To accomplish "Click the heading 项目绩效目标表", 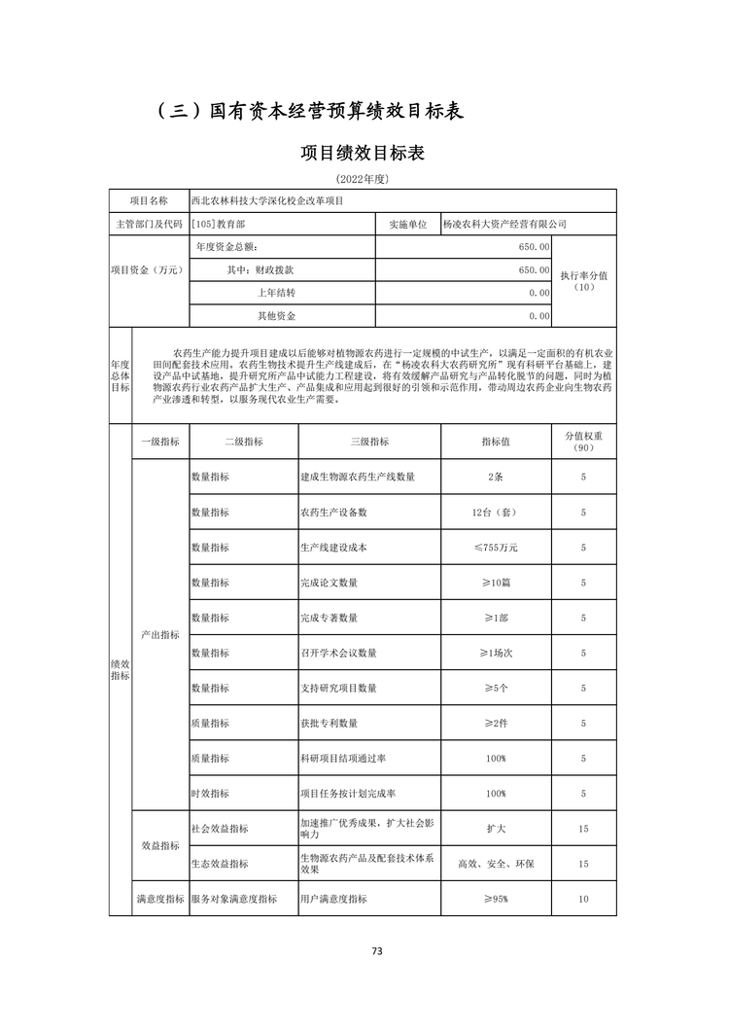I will pos(363,154).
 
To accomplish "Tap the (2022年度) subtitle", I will pos(363,180).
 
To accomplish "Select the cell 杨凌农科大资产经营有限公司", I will pos(503,224).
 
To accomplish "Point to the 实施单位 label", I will pos(408,224).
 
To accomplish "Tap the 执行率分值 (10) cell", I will pos(583,281).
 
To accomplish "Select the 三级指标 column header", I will pos(369,442).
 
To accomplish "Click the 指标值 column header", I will pos(496,442).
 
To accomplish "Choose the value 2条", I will pos(496,477).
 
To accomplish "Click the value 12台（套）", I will pos(496,512).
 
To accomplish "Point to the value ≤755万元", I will pos(496,548).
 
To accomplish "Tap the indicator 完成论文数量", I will pos(329,583).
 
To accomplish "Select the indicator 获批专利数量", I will pos(329,723).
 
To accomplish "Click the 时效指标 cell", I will pos(210,793).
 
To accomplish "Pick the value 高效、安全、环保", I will pos(496,864).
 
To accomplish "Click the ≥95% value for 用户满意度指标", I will pos(496,899).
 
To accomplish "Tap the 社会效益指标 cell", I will pos(220,829).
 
